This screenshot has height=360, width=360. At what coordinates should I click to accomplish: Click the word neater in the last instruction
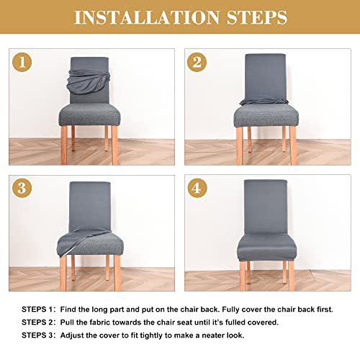pyautogui.click(x=216, y=336)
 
